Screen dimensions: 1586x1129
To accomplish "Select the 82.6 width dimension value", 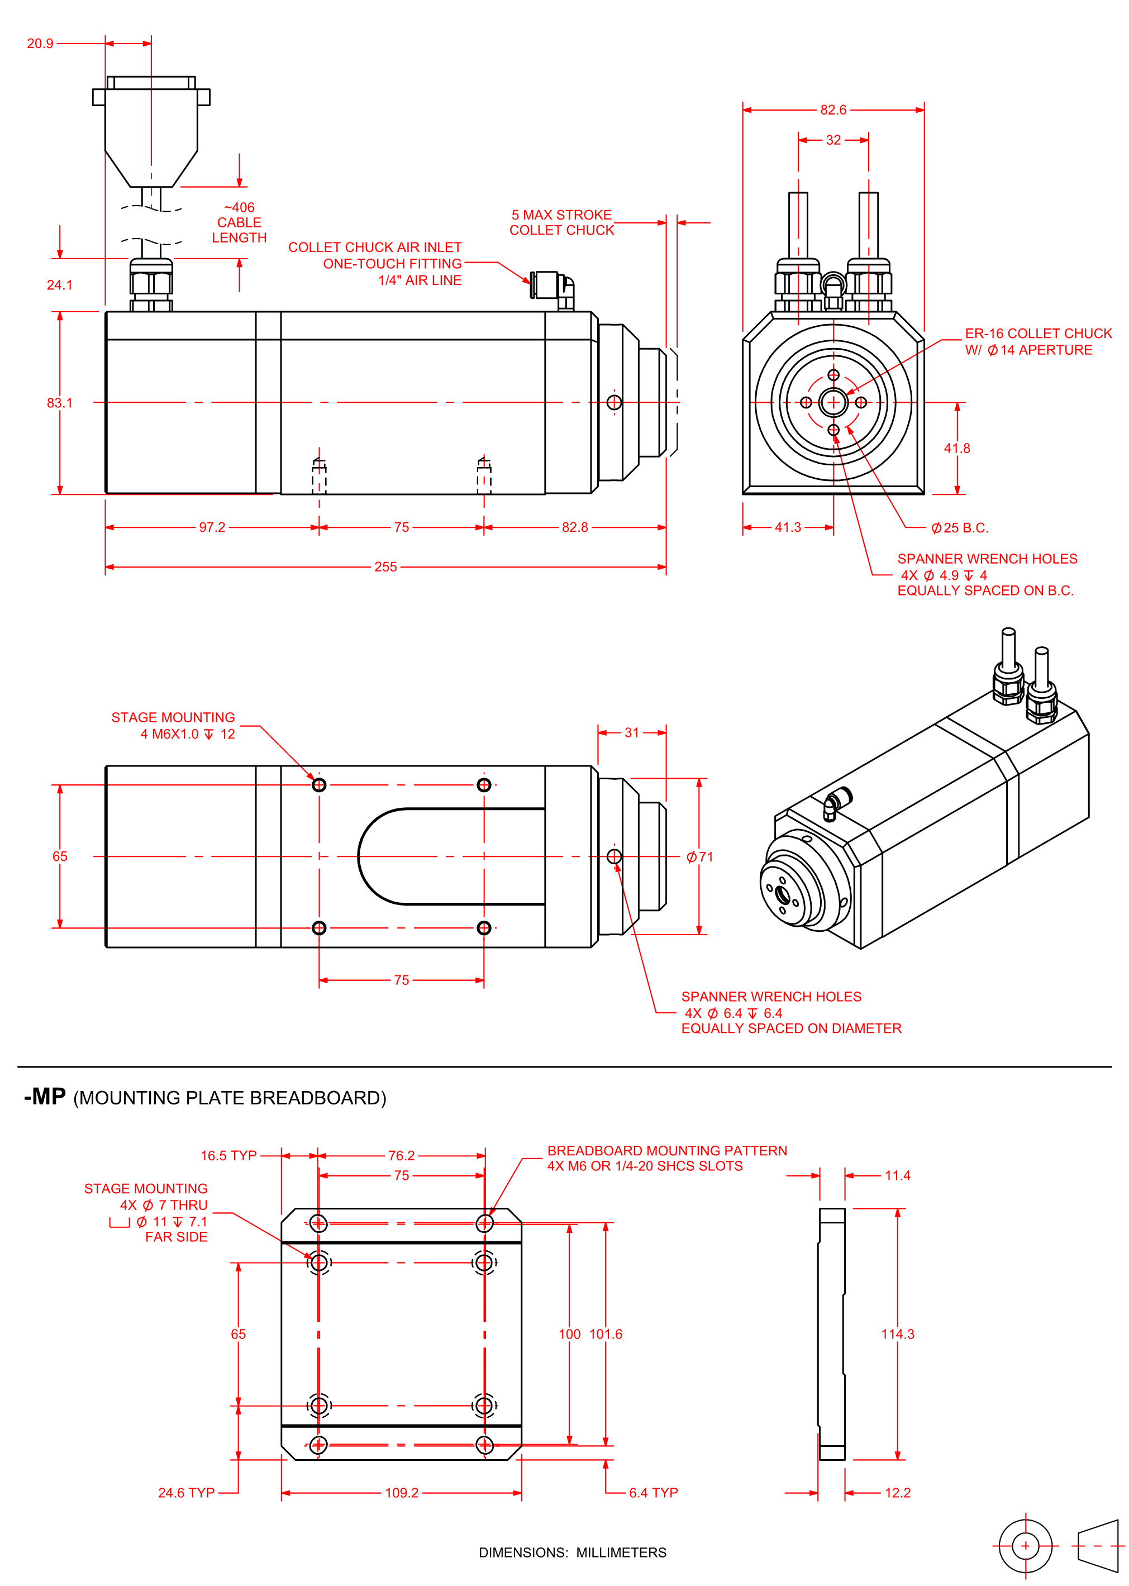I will coord(833,110).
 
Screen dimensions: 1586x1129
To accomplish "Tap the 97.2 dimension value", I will coord(212,527).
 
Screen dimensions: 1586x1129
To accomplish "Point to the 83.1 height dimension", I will coord(59,403).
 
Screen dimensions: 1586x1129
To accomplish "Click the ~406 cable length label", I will coord(239,222).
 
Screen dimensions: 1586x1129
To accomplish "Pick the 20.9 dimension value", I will coord(40,44).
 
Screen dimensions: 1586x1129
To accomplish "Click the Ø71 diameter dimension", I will coord(700,857).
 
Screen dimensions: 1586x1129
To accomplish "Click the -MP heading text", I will coord(45,1097).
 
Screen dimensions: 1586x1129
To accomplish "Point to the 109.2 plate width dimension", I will coord(402,1493).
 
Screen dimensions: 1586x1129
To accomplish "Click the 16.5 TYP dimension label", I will coord(228,1156).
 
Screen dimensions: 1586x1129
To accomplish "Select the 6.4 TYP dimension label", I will coord(654,1493).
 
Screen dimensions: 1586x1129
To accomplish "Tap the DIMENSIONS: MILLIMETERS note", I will coord(572,1552).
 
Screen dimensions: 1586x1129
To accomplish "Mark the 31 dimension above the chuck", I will coord(631,732).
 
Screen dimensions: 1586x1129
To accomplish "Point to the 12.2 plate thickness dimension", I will coord(898,1493).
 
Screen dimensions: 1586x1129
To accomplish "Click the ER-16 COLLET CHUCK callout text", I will coord(1038,334).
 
